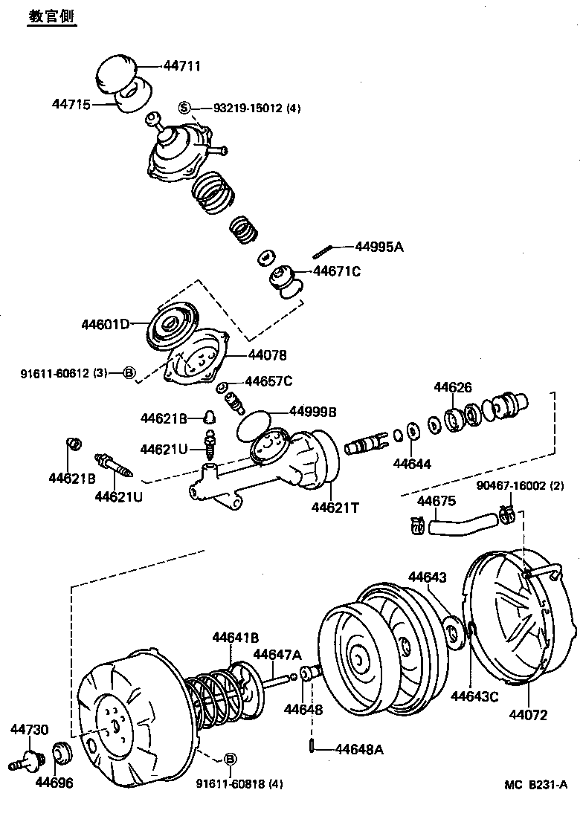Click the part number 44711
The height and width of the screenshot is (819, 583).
click(x=181, y=66)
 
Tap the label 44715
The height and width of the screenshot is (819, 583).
click(x=71, y=105)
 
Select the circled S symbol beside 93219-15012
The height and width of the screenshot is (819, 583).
click(x=184, y=108)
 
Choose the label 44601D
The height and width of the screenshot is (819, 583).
click(x=106, y=324)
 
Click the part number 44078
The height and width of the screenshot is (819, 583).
click(x=267, y=355)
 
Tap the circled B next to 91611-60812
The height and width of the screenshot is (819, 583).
click(x=129, y=372)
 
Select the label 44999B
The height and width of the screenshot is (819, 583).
click(x=312, y=411)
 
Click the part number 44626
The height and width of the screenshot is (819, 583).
click(x=452, y=387)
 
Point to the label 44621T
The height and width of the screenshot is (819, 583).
click(x=335, y=508)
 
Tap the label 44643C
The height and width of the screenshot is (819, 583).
click(x=474, y=696)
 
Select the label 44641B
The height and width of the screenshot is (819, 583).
click(x=235, y=637)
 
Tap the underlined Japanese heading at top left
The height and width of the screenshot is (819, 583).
click(x=51, y=17)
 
